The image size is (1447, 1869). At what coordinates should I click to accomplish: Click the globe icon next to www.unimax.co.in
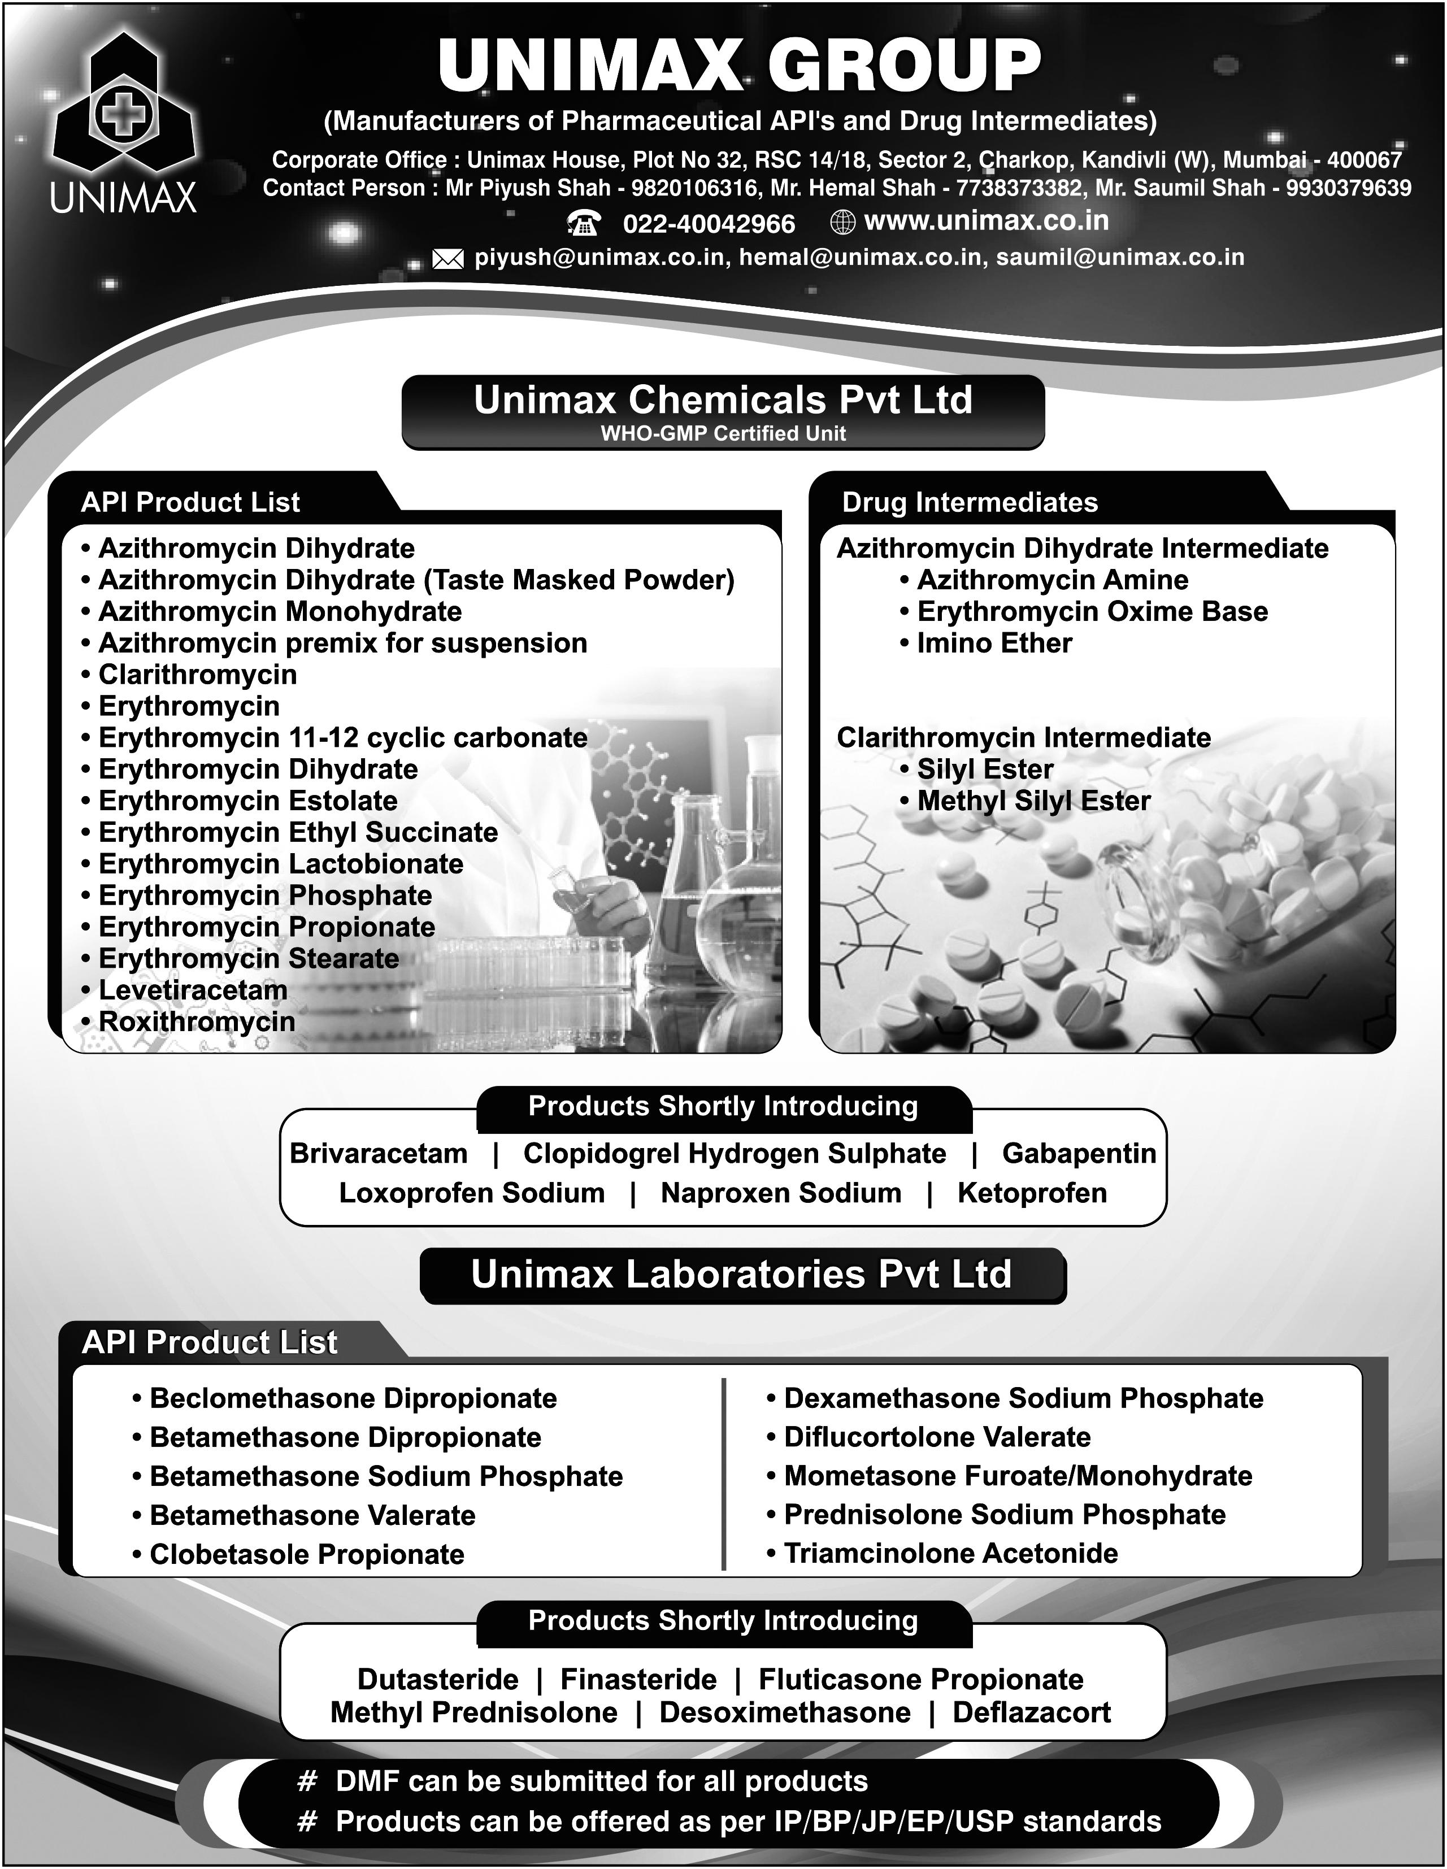tap(843, 223)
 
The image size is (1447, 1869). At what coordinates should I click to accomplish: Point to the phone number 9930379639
tap(1349, 188)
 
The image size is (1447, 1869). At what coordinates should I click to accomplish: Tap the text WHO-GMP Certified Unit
tap(723, 434)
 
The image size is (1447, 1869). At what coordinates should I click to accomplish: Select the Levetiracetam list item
tap(193, 990)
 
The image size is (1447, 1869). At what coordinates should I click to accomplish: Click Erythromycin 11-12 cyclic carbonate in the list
tap(342, 738)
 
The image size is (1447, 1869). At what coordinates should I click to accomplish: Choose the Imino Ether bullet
tap(993, 644)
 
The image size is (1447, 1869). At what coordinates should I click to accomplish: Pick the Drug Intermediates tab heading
tap(970, 502)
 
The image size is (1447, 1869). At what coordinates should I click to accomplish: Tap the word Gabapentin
tap(1078, 1154)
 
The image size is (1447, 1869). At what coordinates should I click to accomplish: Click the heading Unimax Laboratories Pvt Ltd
tap(741, 1274)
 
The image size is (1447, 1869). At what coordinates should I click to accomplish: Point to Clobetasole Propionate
tap(306, 1554)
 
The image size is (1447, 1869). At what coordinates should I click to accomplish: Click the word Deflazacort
tap(1031, 1712)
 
